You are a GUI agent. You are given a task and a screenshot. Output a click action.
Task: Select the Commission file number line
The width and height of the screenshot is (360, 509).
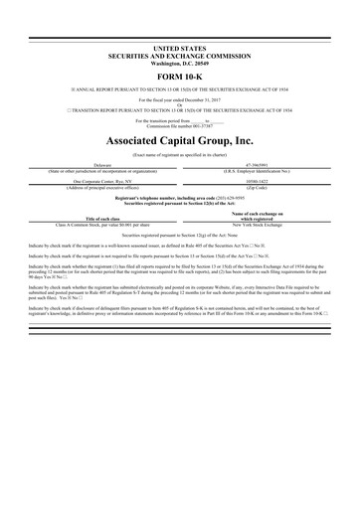coord(179,125)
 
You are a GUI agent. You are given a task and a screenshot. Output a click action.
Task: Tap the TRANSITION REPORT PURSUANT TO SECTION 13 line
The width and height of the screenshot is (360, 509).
coord(179,110)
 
